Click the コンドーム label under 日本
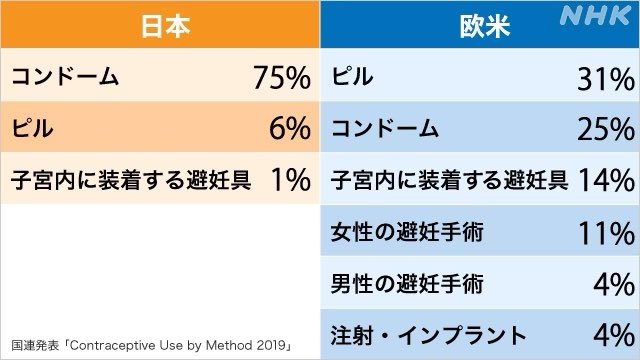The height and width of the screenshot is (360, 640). pos(65,78)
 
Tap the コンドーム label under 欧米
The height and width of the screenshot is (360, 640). pos(385,129)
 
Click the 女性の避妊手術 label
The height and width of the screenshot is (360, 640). pos(407,233)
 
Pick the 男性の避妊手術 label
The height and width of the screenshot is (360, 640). pos(407,284)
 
